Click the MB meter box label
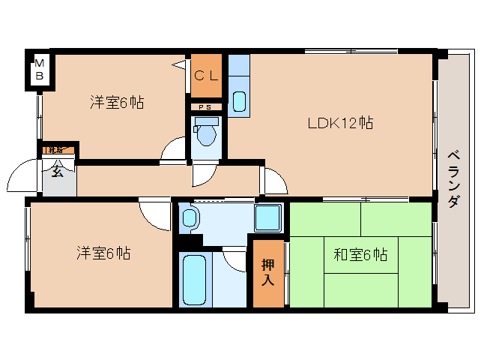[x=40, y=70]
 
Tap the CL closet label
[x=206, y=75]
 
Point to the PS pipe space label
[x=205, y=107]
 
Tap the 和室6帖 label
[x=360, y=254]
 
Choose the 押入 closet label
[x=268, y=272]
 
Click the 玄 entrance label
[x=58, y=170]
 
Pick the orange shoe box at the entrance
[x=57, y=151]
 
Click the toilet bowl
[x=206, y=133]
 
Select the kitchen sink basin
[x=239, y=100]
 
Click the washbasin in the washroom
[x=190, y=219]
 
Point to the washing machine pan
[x=267, y=217]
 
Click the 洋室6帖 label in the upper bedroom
[x=117, y=103]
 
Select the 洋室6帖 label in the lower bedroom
[x=103, y=253]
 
